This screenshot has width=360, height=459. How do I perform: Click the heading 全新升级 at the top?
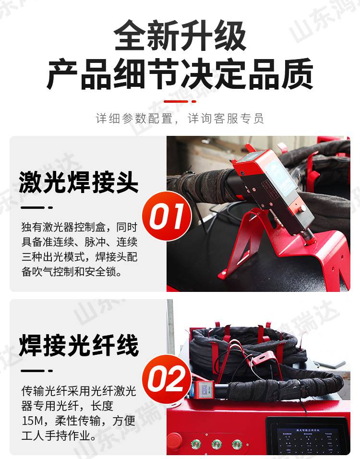[180, 36]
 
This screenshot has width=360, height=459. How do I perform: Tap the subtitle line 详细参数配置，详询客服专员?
[180, 118]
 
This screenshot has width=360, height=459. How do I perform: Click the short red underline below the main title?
[180, 101]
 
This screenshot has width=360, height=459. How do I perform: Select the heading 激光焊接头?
[79, 182]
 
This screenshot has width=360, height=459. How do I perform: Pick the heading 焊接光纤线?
[79, 346]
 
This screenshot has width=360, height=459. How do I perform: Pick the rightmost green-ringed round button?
[237, 444]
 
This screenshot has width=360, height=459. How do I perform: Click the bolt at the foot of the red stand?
[222, 274]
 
